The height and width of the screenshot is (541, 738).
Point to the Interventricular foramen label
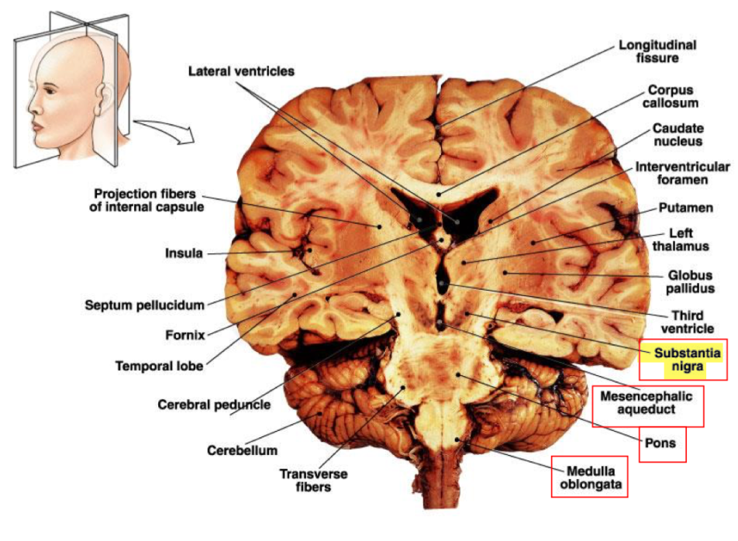point(682,174)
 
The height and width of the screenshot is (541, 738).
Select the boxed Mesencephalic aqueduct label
point(647,405)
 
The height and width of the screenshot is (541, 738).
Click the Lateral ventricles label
point(241,71)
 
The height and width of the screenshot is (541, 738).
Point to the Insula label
point(184,253)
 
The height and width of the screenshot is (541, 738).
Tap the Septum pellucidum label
point(145,305)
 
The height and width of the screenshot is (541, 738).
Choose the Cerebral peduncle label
point(214,404)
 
